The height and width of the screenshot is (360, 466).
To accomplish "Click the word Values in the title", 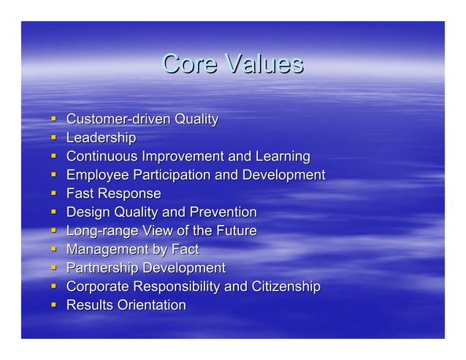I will click(x=263, y=64).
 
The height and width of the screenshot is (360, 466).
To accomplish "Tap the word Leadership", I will click(x=101, y=137).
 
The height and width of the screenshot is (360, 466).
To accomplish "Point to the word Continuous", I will click(x=102, y=156).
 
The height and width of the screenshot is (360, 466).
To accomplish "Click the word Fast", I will click(x=80, y=194).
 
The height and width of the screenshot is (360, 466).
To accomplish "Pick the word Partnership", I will click(x=102, y=268).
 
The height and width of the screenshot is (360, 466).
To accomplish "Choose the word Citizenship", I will click(x=283, y=287).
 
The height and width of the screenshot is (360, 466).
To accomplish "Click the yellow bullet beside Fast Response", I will click(x=54, y=194).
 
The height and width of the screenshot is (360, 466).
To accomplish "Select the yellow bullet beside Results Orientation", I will click(x=54, y=305).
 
